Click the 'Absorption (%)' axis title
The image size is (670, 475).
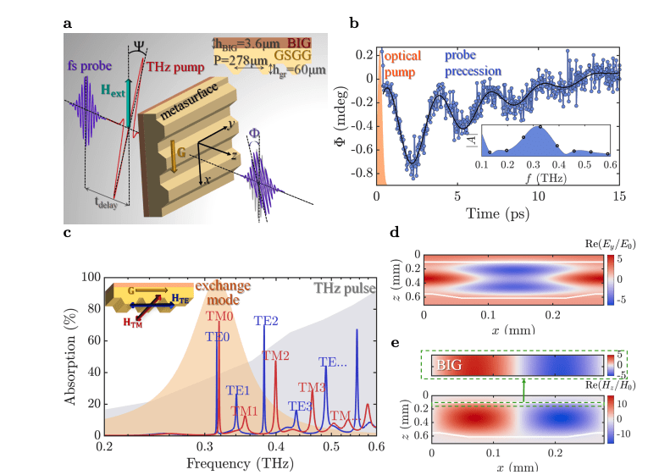pyautogui.click(x=72, y=355)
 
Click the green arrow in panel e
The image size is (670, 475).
pyautogui.click(x=524, y=390)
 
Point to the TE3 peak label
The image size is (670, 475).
pyautogui.click(x=300, y=406)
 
